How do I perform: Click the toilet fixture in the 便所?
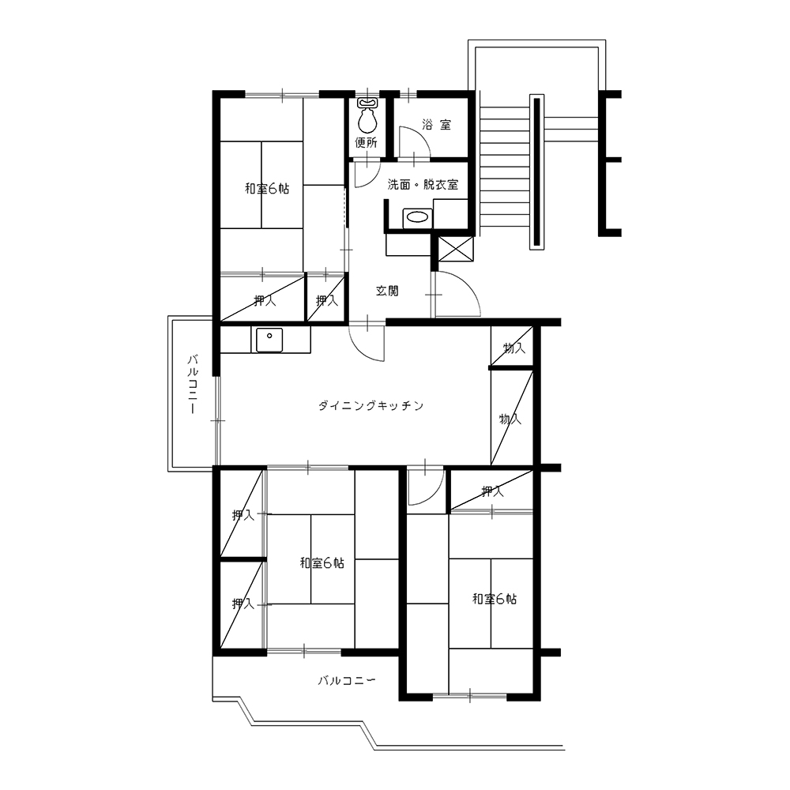[x=367, y=115]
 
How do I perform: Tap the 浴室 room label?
[x=436, y=125]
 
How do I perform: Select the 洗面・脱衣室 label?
[x=423, y=184]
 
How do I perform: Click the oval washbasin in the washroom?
[x=417, y=218]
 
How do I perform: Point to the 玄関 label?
[x=387, y=291]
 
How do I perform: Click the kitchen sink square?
[x=269, y=340]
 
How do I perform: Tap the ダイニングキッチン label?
[x=371, y=405]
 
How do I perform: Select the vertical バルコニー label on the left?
[x=193, y=384]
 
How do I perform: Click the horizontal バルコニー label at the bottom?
[x=347, y=681]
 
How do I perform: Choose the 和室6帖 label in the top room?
[x=267, y=189]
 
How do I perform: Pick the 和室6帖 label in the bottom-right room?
[x=495, y=599]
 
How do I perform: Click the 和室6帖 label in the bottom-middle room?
[x=322, y=562]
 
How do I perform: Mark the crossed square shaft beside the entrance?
[x=457, y=249]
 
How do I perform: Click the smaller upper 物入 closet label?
[x=514, y=348]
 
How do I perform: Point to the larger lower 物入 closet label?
[x=510, y=419]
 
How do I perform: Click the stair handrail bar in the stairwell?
[x=536, y=171]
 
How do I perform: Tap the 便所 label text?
[x=367, y=142]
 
